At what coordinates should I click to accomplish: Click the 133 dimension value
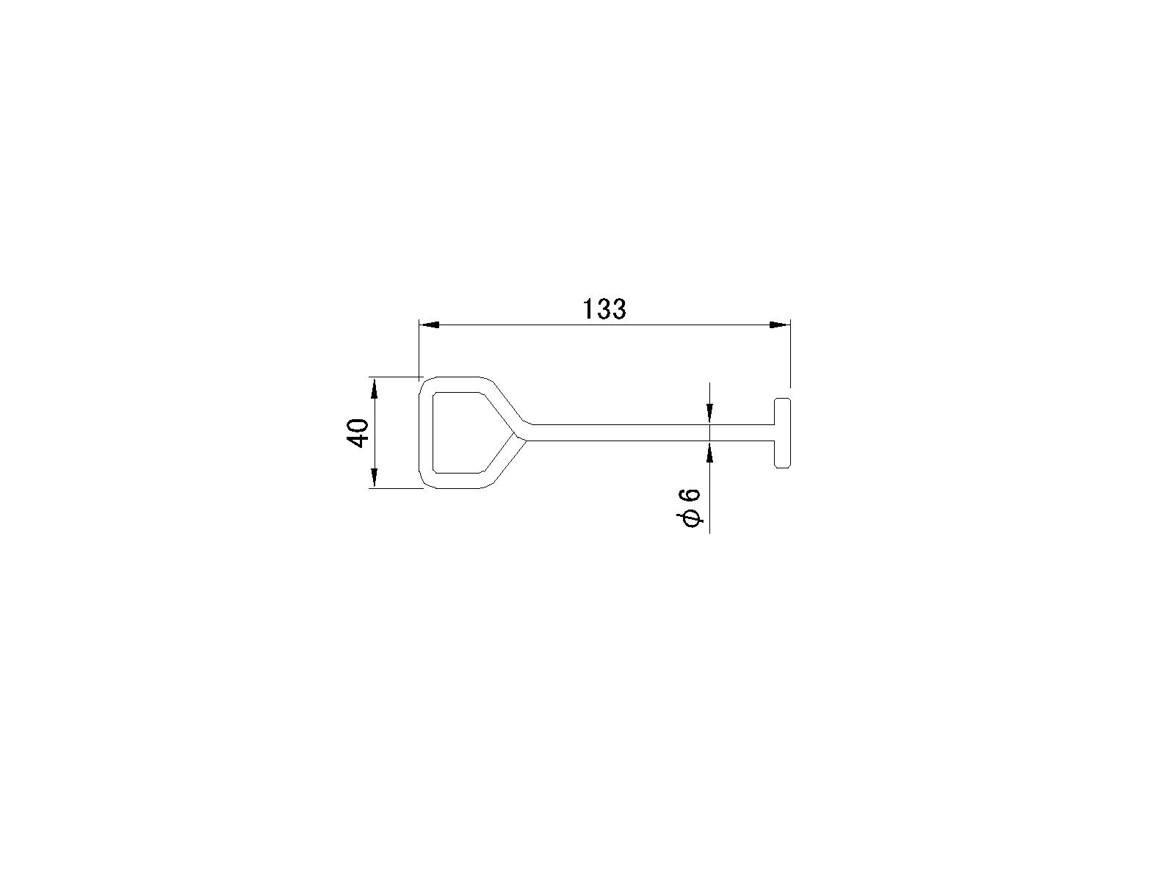pos(604,309)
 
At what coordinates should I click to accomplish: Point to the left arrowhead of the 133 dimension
pos(430,325)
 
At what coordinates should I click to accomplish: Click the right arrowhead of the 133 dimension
pos(779,325)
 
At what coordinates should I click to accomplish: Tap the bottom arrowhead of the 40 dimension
pos(375,478)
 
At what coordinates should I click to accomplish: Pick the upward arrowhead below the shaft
pos(709,452)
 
